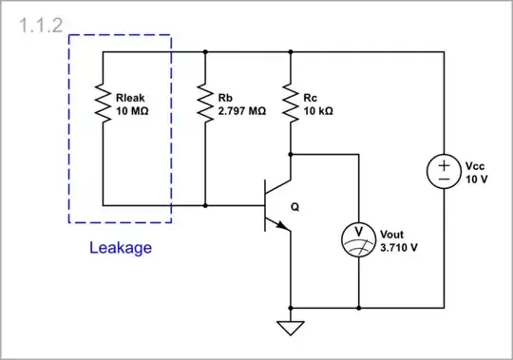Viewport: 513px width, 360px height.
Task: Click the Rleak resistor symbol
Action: tap(103, 101)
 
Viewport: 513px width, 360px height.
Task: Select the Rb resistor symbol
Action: tap(204, 101)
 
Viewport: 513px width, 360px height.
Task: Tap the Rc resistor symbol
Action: tap(290, 101)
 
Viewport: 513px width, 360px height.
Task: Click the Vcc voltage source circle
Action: tap(444, 171)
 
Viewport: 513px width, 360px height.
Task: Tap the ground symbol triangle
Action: tap(290, 329)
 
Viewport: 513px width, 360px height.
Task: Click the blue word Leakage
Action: tap(120, 249)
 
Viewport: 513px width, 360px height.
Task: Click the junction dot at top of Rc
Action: tap(290, 52)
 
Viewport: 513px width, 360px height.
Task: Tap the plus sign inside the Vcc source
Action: tap(444, 163)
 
